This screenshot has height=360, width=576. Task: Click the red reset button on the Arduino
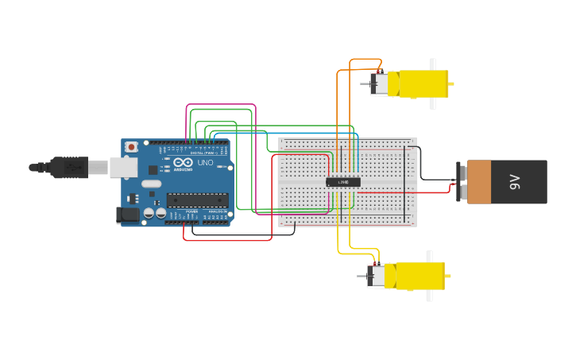pyautogui.click(x=131, y=147)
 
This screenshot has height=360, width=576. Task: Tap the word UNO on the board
pyautogui.click(x=205, y=163)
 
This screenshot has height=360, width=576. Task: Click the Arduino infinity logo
pyautogui.click(x=167, y=162)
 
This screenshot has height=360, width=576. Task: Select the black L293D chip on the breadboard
pyautogui.click(x=343, y=182)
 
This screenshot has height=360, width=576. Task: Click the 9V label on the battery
pyautogui.click(x=514, y=182)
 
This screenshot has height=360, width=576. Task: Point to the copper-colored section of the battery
pyautogui.click(x=480, y=182)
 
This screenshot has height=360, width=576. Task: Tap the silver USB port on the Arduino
pyautogui.click(x=123, y=167)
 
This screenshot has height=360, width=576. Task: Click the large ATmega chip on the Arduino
pyautogui.click(x=197, y=200)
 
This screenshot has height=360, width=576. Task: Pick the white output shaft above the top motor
pyautogui.click(x=433, y=64)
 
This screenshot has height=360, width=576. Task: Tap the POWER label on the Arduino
pyautogui.click(x=191, y=211)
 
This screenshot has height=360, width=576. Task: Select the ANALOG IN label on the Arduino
pyautogui.click(x=217, y=211)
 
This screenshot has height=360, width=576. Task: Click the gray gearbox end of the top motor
pyautogui.click(x=380, y=84)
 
